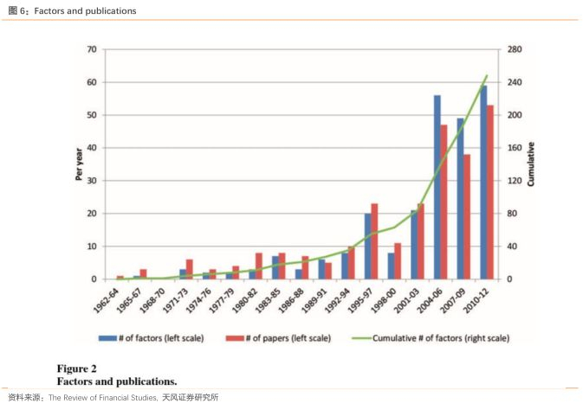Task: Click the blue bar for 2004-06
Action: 437,187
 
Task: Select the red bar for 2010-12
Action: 490,192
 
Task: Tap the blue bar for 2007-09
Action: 460,198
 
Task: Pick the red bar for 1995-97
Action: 374,241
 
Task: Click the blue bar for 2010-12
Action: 483,182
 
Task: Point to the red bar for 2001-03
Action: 421,241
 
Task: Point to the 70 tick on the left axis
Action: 91,49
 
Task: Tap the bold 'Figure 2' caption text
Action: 77,368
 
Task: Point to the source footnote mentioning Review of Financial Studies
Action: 113,398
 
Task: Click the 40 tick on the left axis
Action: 91,148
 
